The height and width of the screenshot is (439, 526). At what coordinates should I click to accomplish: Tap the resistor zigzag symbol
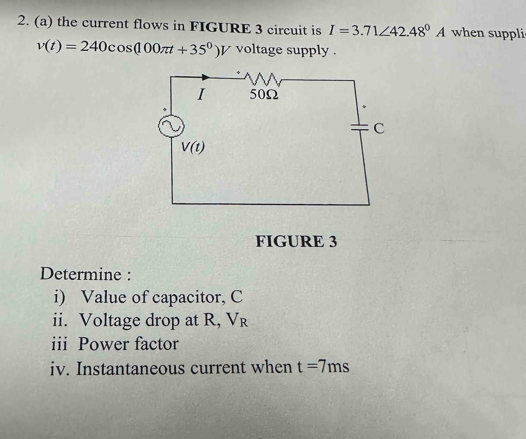click(x=263, y=79)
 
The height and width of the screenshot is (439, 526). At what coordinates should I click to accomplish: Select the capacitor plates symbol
click(x=359, y=127)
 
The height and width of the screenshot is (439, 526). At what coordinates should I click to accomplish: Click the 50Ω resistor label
click(x=264, y=95)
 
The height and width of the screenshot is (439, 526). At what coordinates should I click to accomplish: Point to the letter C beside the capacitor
click(x=379, y=129)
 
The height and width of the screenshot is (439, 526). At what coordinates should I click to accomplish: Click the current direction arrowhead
click(x=206, y=77)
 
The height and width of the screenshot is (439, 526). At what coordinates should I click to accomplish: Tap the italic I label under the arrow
click(x=200, y=94)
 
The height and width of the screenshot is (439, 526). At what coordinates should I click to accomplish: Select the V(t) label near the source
click(x=193, y=147)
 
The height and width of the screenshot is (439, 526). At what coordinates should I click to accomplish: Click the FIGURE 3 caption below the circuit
click(x=296, y=241)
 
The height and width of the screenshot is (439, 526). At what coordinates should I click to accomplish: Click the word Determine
click(x=81, y=274)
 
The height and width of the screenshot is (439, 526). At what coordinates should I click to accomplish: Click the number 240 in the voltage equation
click(x=94, y=46)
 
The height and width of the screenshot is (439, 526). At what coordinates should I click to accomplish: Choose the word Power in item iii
click(x=104, y=344)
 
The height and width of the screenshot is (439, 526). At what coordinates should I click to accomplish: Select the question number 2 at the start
click(x=22, y=20)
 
